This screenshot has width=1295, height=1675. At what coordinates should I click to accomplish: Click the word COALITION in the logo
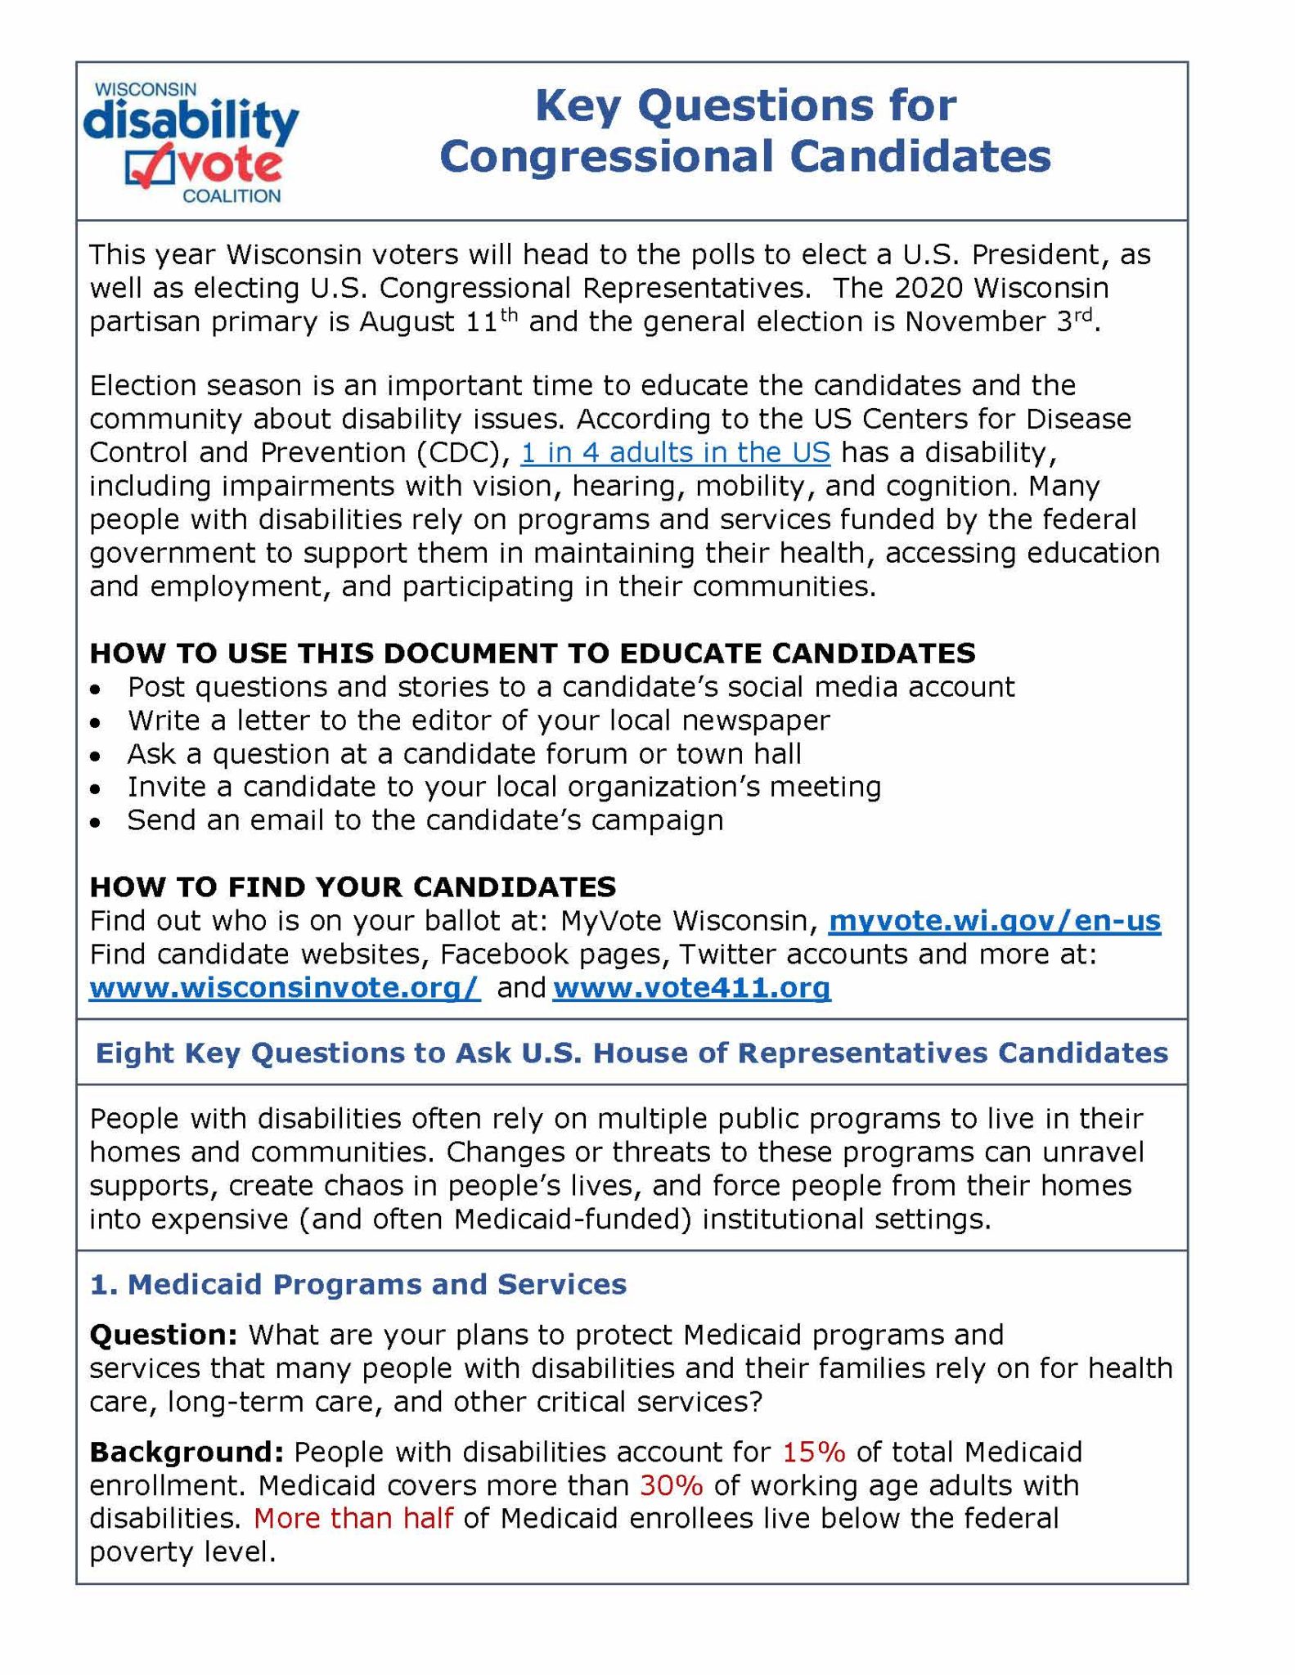(232, 196)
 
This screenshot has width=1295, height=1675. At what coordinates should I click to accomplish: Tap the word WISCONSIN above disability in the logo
(146, 90)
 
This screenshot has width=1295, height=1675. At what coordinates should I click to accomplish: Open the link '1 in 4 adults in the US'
(675, 452)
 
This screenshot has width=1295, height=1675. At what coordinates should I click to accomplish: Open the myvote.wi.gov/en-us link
(994, 921)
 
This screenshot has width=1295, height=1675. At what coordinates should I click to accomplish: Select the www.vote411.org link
(691, 988)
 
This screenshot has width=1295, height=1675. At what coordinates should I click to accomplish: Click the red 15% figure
(813, 1452)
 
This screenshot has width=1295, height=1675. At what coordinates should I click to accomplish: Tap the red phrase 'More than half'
(353, 1519)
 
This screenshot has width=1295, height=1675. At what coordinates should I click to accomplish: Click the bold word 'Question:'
(164, 1335)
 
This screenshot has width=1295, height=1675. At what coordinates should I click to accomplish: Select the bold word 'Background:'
(187, 1452)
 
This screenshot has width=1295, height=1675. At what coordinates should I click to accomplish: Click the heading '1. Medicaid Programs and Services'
(357, 1284)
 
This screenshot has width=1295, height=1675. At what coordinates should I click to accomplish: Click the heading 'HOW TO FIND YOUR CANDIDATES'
(353, 887)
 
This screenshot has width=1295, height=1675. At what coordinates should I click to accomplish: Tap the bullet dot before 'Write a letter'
(97, 723)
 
